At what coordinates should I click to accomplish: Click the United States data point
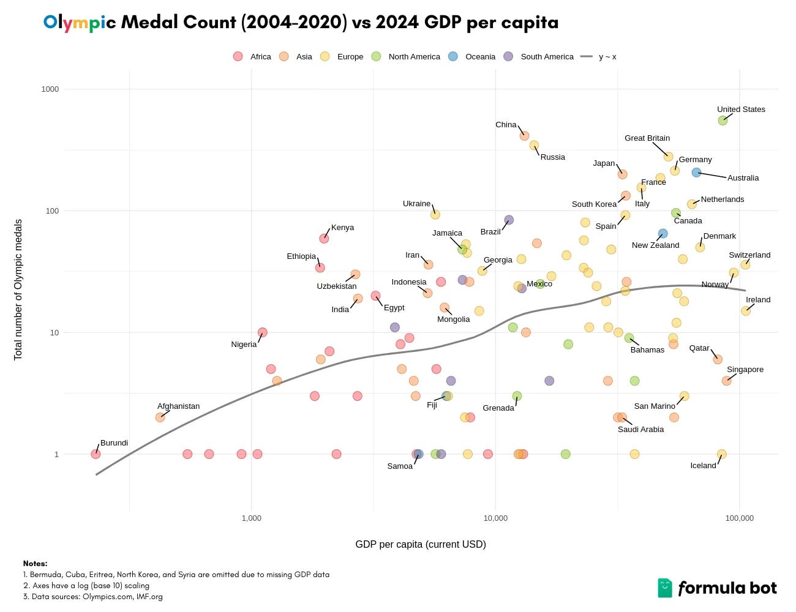coord(723,120)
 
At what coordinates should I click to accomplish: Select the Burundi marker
coord(96,454)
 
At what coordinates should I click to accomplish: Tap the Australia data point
coord(696,173)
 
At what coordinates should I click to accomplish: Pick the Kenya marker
coord(324,238)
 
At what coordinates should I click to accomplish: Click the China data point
coord(524,136)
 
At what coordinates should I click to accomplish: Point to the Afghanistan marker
coord(160,417)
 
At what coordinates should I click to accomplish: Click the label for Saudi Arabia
coord(640,430)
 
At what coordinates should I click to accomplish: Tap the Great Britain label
coord(647,138)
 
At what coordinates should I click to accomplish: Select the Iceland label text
coord(703,466)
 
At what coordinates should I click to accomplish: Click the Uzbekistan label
coord(336,286)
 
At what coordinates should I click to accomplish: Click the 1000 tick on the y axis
coord(50,89)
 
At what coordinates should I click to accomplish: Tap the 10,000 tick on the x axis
coord(495,518)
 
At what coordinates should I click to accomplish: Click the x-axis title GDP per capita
coord(420,544)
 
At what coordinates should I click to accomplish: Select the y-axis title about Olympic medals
coord(18,289)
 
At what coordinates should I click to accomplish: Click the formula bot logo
coord(716,588)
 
